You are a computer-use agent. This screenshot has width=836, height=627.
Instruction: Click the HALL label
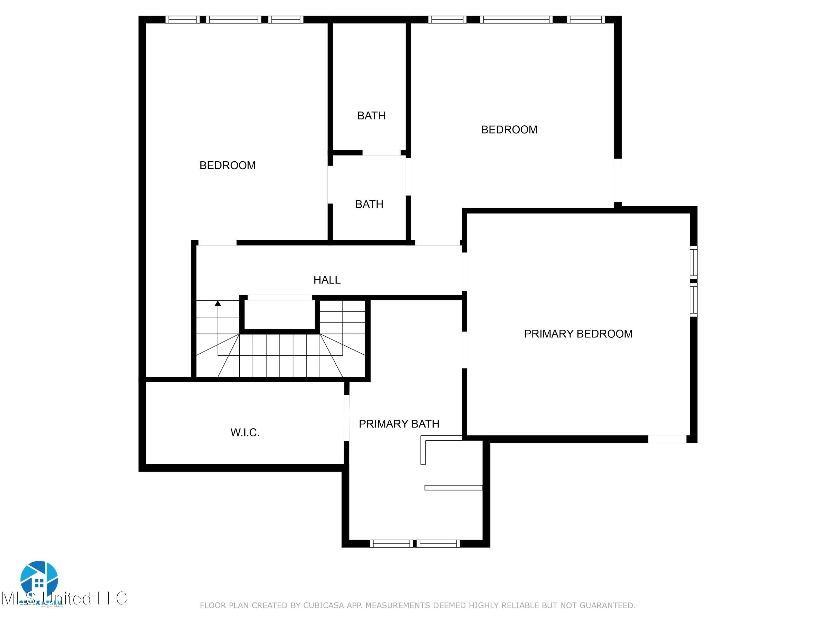click(327, 280)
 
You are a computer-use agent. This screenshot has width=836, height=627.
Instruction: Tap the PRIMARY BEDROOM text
click(578, 334)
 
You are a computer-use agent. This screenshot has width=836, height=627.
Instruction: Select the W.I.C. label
click(245, 433)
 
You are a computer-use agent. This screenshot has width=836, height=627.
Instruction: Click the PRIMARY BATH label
click(399, 424)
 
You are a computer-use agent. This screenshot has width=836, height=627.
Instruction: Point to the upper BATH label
click(371, 116)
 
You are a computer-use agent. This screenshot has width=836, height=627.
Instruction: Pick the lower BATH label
click(369, 205)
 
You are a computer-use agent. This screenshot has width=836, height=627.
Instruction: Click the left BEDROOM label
click(227, 166)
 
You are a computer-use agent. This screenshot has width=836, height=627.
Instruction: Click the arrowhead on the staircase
click(218, 303)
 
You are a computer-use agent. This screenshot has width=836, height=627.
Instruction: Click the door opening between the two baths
click(381, 153)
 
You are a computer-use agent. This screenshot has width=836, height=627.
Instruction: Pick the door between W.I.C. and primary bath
click(346, 418)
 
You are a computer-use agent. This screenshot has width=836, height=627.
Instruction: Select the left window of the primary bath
click(391, 543)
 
